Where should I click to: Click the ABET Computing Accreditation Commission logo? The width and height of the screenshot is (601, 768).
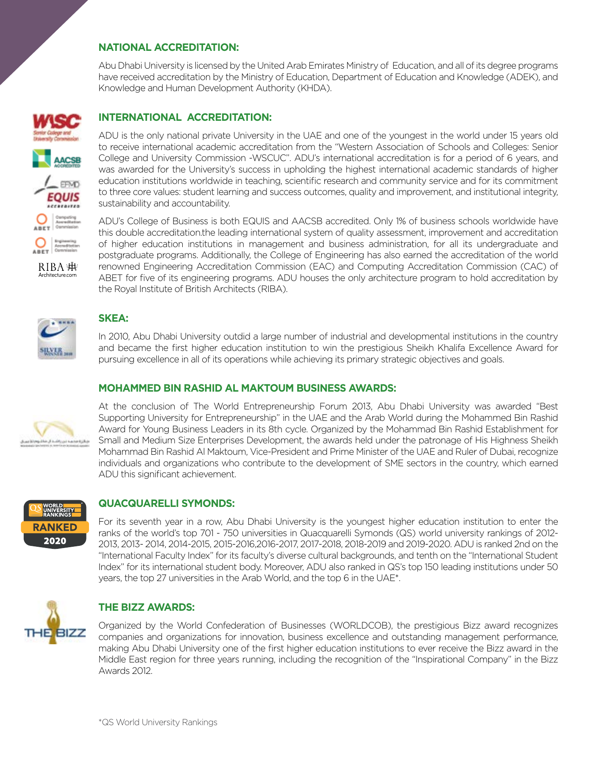click(x=57, y=222)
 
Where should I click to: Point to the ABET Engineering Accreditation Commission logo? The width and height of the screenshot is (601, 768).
click(x=57, y=245)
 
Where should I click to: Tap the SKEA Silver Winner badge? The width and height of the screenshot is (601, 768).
click(x=57, y=339)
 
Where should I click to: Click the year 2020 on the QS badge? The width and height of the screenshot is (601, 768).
click(x=55, y=541)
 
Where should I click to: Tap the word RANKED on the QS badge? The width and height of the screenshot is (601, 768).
click(x=55, y=527)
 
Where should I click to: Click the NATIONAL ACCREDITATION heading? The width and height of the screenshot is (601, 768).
click(x=169, y=47)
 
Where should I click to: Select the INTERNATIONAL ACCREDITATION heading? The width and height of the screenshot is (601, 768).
click(x=185, y=117)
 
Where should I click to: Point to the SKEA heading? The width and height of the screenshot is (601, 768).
click(x=113, y=318)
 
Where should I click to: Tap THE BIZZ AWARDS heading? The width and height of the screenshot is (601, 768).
click(x=146, y=607)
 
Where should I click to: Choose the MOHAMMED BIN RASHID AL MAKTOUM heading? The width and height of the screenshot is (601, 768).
click(x=247, y=388)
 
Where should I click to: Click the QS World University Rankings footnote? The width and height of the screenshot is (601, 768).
click(x=158, y=722)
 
